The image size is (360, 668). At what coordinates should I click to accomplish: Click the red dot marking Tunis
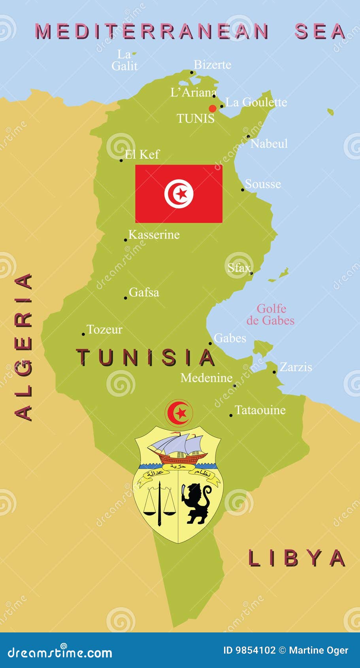[x=213, y=108]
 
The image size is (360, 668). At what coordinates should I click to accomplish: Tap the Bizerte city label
[x=212, y=64]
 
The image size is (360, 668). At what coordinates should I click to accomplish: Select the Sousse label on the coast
[x=263, y=184]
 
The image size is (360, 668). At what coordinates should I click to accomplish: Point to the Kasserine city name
[x=154, y=234]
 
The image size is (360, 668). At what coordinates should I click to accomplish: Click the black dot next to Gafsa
[x=126, y=298]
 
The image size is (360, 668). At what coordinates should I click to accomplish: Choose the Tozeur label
[x=104, y=329]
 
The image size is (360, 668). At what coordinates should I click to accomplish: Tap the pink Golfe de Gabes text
[x=271, y=315]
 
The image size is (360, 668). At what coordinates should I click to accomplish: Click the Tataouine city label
[x=260, y=410]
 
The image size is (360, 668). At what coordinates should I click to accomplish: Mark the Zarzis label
[x=296, y=367]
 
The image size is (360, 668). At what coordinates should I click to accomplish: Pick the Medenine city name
[x=206, y=378]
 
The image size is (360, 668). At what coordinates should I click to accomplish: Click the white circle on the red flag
[x=179, y=194]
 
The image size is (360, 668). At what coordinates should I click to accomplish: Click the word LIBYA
[x=297, y=558]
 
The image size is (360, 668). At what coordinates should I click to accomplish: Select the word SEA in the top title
[x=320, y=32]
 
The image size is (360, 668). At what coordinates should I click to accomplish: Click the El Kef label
[x=142, y=154]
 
